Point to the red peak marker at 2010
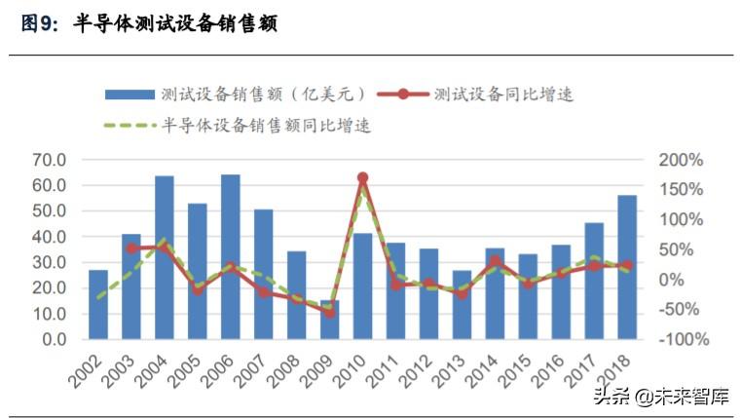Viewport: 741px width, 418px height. click(x=362, y=178)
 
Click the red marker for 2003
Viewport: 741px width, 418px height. click(x=131, y=248)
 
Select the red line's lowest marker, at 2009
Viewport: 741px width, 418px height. click(x=329, y=312)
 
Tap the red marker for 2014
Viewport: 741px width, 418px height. click(x=495, y=261)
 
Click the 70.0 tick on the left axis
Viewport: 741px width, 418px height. click(x=48, y=160)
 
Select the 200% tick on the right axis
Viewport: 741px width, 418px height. click(x=680, y=160)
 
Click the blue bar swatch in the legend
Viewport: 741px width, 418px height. click(x=130, y=95)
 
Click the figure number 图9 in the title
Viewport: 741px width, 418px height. click(x=42, y=24)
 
